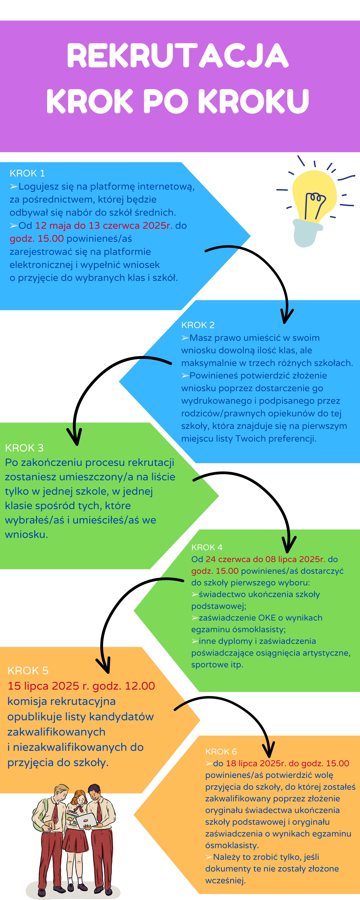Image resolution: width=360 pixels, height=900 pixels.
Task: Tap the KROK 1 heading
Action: tap(27, 173)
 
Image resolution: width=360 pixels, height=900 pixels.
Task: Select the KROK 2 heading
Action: tap(198, 325)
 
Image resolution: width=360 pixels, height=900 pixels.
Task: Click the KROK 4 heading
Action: tap(207, 547)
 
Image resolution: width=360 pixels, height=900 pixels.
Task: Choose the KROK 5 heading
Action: tap(28, 671)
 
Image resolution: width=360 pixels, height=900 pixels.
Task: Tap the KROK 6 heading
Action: tap(221, 752)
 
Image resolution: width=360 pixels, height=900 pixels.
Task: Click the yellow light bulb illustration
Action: tap(312, 203)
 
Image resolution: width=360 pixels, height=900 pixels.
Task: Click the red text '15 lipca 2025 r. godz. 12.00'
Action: tap(81, 686)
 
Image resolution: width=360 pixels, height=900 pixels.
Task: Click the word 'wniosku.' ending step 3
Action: tap(26, 534)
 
